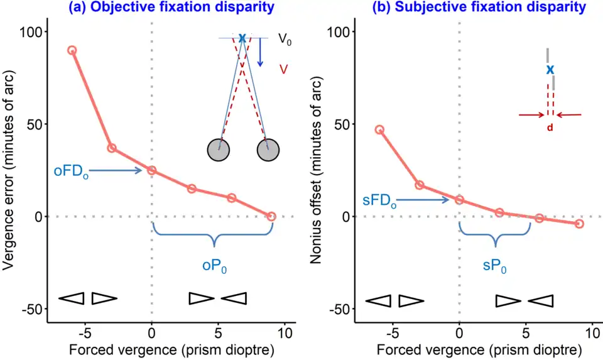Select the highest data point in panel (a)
[x=72, y=50]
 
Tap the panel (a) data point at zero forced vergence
[x=151, y=170]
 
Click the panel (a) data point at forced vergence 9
[x=271, y=216]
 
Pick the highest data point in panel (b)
[x=379, y=129]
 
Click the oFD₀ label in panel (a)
[x=71, y=171]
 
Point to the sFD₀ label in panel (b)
[x=379, y=201]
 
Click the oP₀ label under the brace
[x=214, y=266]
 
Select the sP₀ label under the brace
[x=495, y=266]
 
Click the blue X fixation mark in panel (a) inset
[x=242, y=39]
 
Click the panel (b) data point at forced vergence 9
[x=579, y=224]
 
